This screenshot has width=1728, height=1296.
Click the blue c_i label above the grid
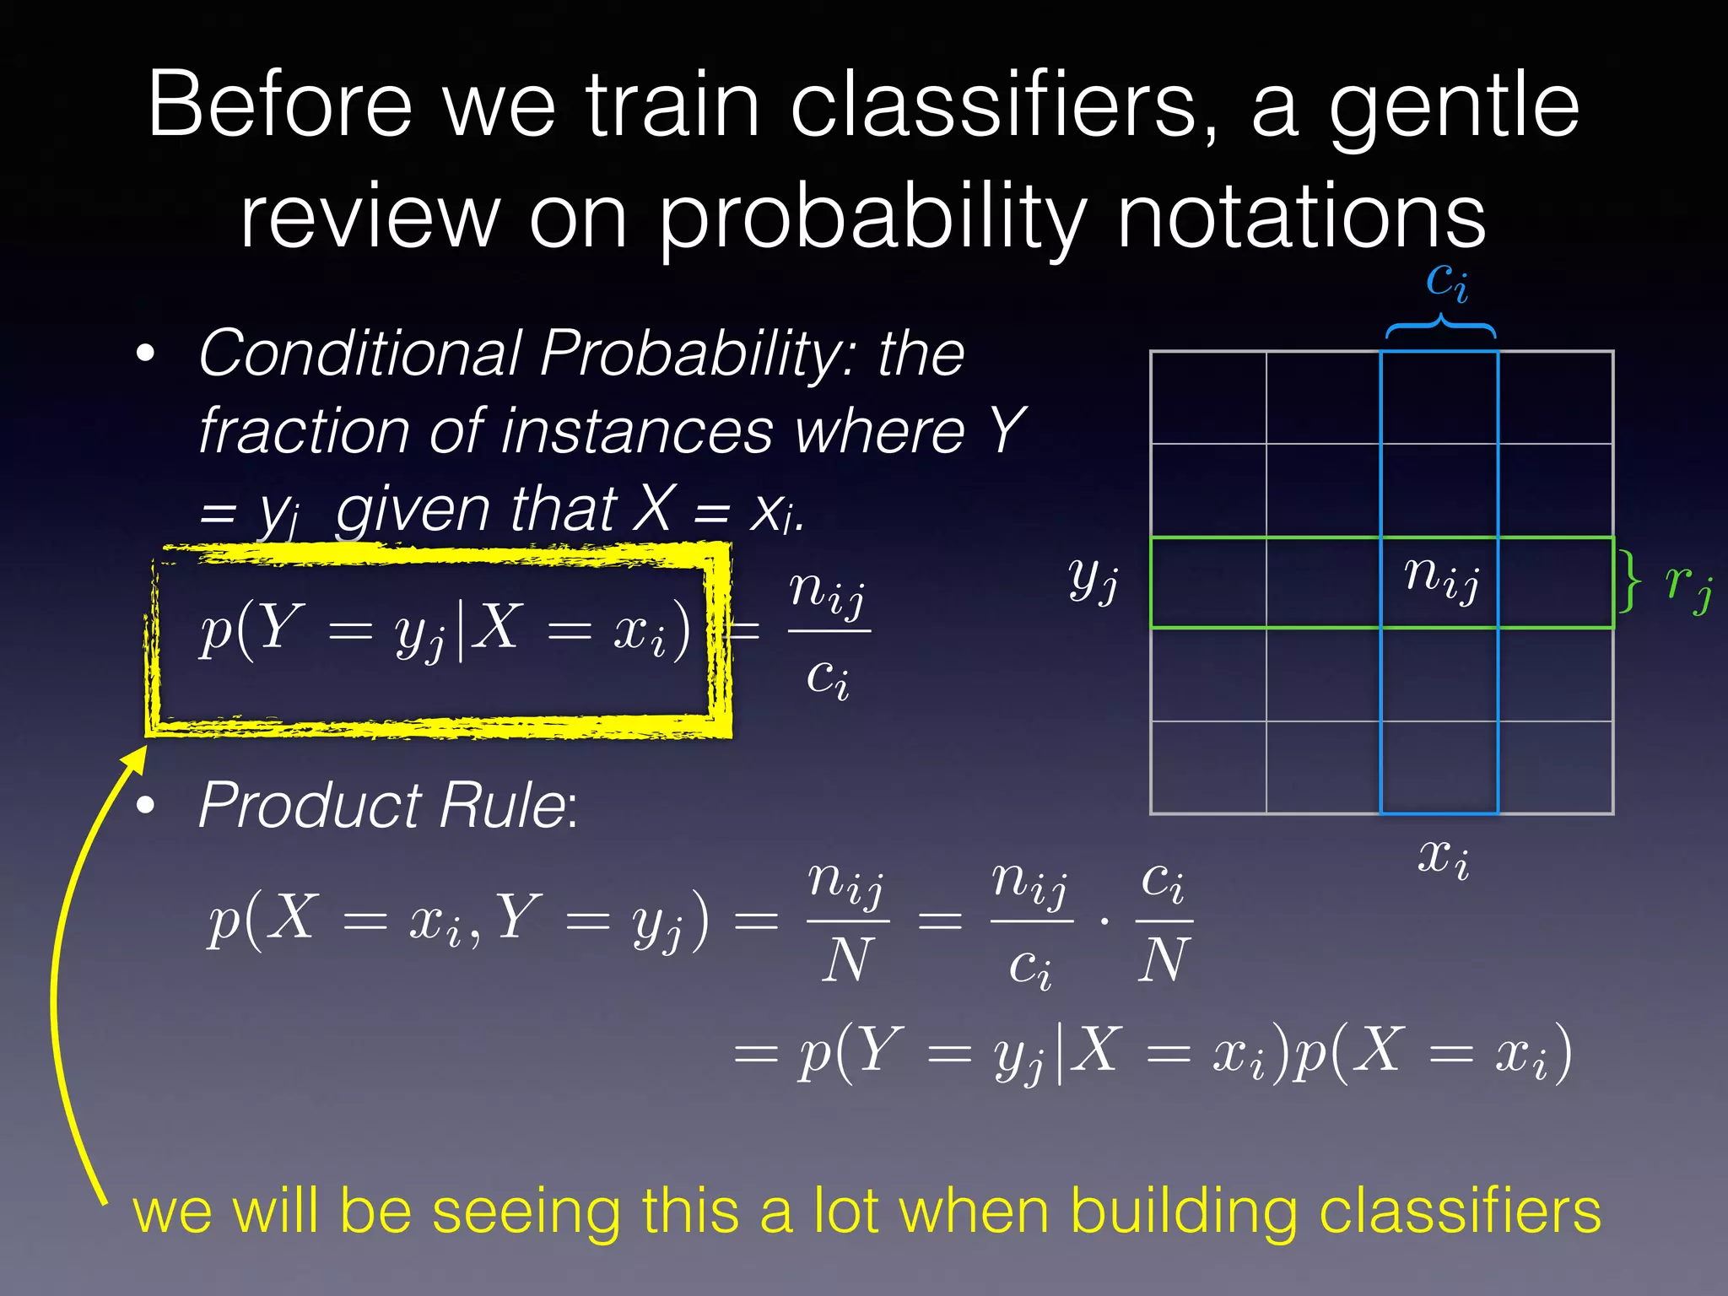[x=1445, y=280]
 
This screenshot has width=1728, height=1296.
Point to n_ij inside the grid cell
[x=1441, y=578]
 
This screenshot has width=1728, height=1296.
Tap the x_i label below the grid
[x=1443, y=858]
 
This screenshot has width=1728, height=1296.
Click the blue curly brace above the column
[x=1441, y=327]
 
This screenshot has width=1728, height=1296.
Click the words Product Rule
[x=382, y=806]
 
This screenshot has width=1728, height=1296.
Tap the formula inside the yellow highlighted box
[x=445, y=631]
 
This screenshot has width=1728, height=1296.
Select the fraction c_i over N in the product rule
[x=1164, y=921]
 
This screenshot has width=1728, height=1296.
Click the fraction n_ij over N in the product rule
[x=846, y=921]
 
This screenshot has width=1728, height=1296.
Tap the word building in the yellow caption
[x=1184, y=1211]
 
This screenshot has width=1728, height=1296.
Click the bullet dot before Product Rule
[x=146, y=806]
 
